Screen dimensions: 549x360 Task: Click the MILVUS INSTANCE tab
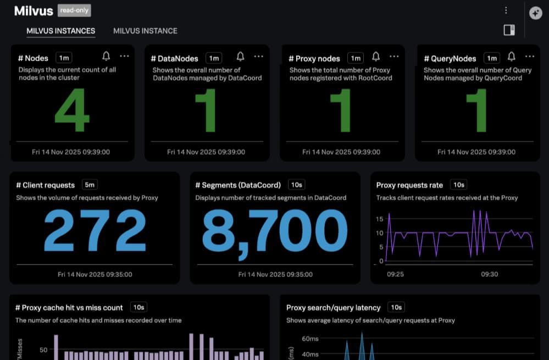coord(145,31)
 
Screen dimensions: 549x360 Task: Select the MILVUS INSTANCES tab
coord(61,31)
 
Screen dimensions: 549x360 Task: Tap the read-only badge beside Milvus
coord(74,10)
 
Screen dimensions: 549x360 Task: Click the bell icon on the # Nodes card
coord(106,56)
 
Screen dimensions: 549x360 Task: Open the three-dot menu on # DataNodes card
coord(258,57)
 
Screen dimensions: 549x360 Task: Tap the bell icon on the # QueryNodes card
coord(511,57)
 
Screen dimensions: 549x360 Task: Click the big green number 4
coord(72,110)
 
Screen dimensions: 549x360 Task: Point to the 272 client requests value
coord(95,230)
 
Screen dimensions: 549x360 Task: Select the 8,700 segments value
coord(275,232)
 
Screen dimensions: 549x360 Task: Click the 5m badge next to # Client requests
coord(90,185)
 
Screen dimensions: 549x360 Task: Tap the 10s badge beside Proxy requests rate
coord(459,185)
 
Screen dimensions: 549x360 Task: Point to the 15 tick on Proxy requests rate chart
coord(380,219)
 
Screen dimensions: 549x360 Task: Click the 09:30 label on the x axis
coord(490,274)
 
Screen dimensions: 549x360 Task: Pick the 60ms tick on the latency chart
coord(310,339)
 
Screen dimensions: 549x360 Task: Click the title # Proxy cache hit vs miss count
coord(69,307)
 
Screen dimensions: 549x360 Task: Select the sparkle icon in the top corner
coord(536,13)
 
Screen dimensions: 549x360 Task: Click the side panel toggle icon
coord(509,30)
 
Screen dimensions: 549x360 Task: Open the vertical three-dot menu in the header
coord(506,10)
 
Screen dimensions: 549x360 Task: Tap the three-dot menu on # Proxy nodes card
coord(394,57)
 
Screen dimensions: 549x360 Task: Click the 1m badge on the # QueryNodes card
coord(492,58)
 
